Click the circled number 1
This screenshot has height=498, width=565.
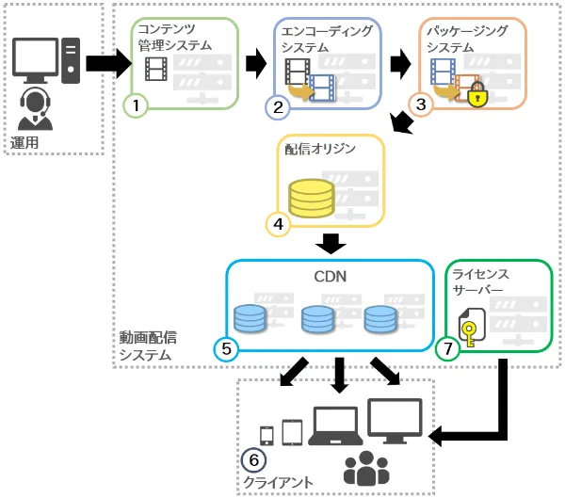click(137, 105)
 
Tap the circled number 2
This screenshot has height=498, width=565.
click(278, 106)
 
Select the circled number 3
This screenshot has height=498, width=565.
click(421, 106)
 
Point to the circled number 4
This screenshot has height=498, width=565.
click(278, 224)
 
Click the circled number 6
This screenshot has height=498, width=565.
click(253, 461)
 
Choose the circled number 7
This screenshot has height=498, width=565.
click(448, 348)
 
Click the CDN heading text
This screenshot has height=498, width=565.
click(331, 278)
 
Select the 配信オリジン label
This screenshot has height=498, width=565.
click(316, 147)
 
